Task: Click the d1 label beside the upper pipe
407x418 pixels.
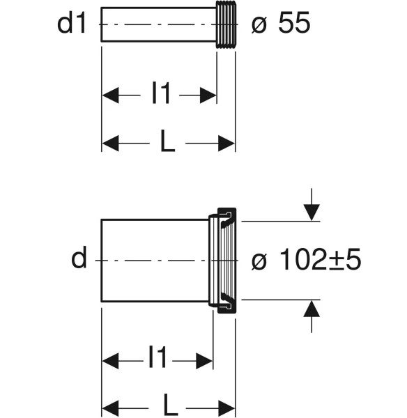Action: [x=72, y=24]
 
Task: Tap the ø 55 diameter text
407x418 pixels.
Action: [x=281, y=23]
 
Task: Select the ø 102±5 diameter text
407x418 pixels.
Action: [x=306, y=259]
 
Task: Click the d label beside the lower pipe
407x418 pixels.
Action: [x=79, y=257]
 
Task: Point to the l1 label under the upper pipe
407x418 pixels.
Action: [x=161, y=93]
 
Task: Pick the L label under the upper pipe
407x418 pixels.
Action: [x=167, y=141]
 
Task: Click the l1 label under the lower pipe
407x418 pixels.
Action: [x=158, y=357]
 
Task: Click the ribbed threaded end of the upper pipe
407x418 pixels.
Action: [x=226, y=24]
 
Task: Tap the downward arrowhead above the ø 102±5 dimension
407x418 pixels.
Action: [x=312, y=212]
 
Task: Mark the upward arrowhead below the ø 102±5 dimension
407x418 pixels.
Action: [x=312, y=309]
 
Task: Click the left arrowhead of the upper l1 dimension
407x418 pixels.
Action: [x=111, y=95]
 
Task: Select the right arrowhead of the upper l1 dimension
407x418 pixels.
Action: [x=208, y=95]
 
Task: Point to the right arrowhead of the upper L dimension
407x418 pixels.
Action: [x=226, y=143]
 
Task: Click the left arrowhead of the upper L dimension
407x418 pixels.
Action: [x=111, y=143]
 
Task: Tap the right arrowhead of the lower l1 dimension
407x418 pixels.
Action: [x=204, y=361]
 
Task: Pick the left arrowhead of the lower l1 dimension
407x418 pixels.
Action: [x=111, y=361]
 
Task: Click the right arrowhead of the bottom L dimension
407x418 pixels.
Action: [x=226, y=408]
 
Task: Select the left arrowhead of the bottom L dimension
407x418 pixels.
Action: [x=111, y=408]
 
